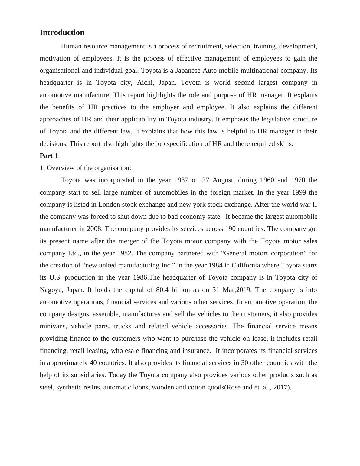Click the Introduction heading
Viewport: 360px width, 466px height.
click(62, 33)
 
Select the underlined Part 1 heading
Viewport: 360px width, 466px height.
click(49, 156)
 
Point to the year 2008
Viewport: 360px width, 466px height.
click(94, 229)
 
